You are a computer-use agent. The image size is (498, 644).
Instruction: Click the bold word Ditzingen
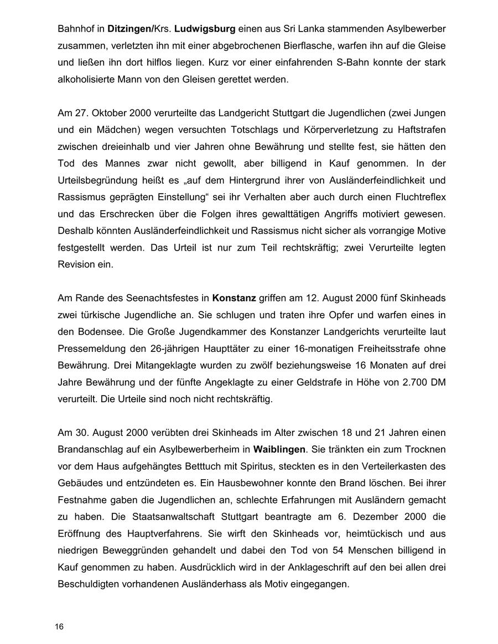[x=127, y=28]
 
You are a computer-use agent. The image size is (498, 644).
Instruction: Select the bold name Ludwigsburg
[x=205, y=28]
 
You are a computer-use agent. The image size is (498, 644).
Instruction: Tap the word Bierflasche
[x=313, y=45]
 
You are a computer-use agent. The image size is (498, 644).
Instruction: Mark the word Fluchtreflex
[x=416, y=197]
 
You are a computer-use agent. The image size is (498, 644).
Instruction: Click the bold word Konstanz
[x=234, y=298]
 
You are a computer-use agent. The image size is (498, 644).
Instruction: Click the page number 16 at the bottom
[x=59, y=627]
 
